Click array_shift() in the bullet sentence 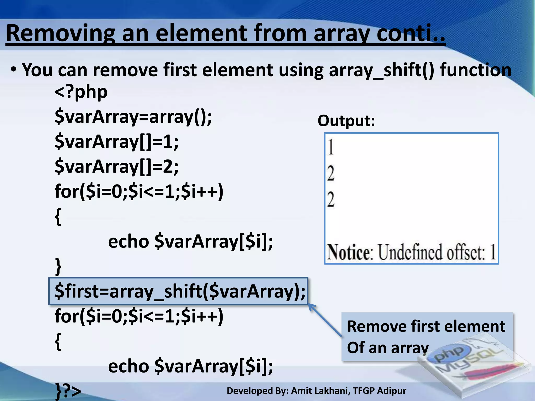(381, 70)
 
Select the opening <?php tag (81, 92)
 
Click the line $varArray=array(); (133, 117)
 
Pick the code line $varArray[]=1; (117, 141)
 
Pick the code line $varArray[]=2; (117, 166)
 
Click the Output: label (346, 121)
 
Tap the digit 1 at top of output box (331, 147)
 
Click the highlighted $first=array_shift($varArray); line (180, 291)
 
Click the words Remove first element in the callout (426, 326)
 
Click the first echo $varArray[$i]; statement (190, 241)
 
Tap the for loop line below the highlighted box (139, 316)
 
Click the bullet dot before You (14, 70)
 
